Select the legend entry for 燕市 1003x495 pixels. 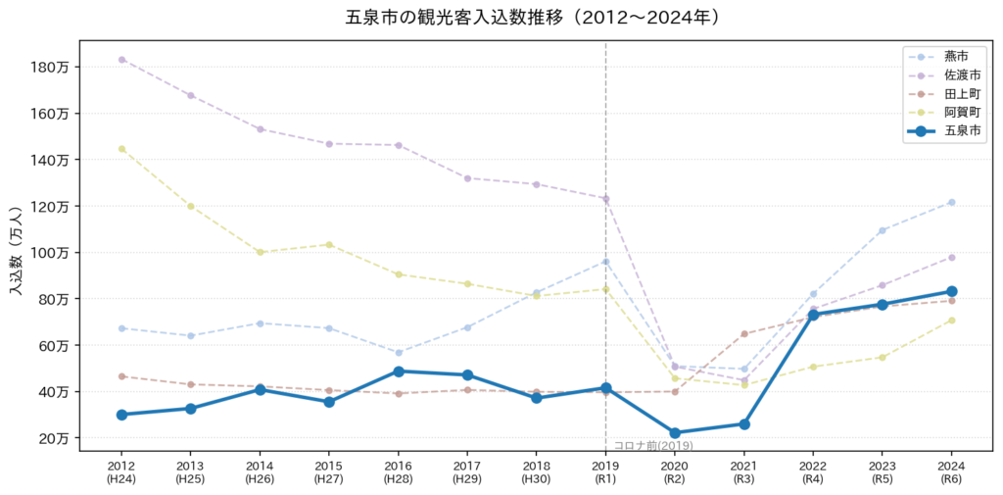pos(943,57)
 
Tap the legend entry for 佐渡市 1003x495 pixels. pos(943,75)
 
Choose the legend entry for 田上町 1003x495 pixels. pos(943,94)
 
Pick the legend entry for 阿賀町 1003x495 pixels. pos(943,114)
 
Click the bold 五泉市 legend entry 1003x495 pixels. pos(943,132)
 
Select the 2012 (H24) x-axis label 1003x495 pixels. pos(121,470)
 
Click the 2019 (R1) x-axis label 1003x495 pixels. pos(605,470)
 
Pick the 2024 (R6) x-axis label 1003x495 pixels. pos(951,470)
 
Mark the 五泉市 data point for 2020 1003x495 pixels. pos(675,433)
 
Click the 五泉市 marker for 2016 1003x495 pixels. pos(399,371)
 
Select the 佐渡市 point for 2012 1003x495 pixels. pos(121,60)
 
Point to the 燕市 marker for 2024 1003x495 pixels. pos(951,202)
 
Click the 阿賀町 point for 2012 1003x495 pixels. pos(121,149)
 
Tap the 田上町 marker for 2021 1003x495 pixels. pos(744,333)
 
